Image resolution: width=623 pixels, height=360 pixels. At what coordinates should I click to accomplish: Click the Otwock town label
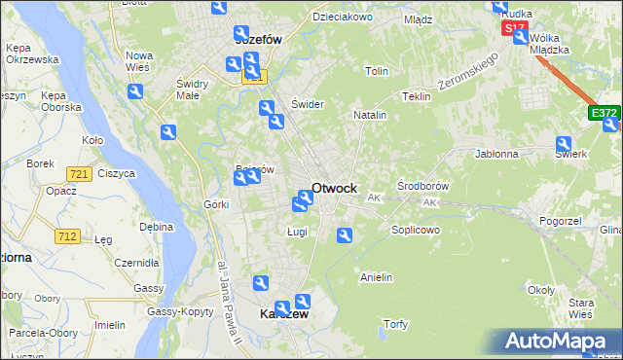click(334, 188)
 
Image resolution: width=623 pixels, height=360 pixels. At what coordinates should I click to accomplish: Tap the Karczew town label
click(283, 315)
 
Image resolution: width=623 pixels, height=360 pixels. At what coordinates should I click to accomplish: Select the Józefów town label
click(258, 40)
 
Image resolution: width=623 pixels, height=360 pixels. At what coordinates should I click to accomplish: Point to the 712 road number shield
click(67, 235)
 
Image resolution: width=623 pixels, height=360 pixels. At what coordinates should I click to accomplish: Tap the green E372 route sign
click(604, 114)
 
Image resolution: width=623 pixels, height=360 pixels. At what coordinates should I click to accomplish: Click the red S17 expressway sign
click(513, 29)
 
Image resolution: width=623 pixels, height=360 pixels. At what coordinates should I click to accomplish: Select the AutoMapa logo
click(560, 342)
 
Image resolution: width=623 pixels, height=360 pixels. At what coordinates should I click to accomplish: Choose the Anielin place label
click(376, 277)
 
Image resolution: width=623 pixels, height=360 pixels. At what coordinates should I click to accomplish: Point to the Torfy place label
click(395, 324)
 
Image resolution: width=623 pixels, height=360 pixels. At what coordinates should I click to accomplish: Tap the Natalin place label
click(370, 115)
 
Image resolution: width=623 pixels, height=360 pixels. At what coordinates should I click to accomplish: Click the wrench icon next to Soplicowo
click(344, 235)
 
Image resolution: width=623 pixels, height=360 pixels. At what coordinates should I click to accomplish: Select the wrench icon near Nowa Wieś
click(135, 91)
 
